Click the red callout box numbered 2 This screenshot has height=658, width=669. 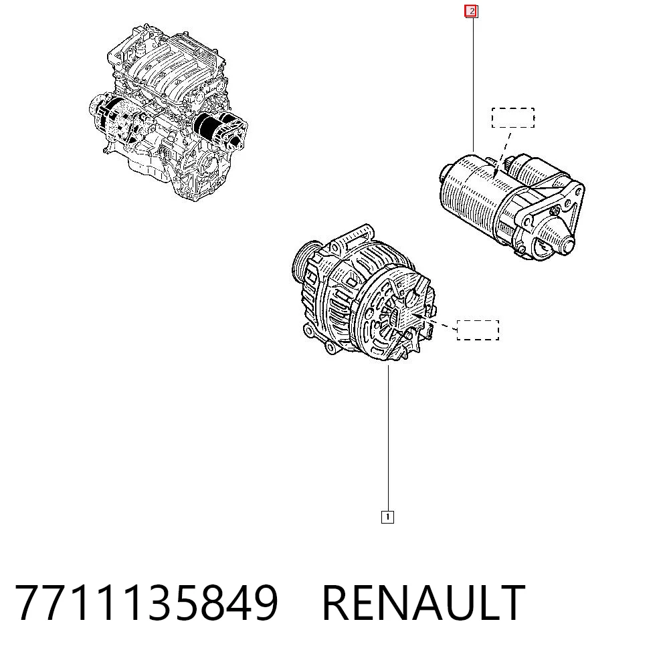(x=471, y=11)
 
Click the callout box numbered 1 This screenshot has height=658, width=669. (x=387, y=517)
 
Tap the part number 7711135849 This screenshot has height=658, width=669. (x=147, y=602)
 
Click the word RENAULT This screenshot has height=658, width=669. (x=423, y=602)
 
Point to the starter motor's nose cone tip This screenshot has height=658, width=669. (x=568, y=246)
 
